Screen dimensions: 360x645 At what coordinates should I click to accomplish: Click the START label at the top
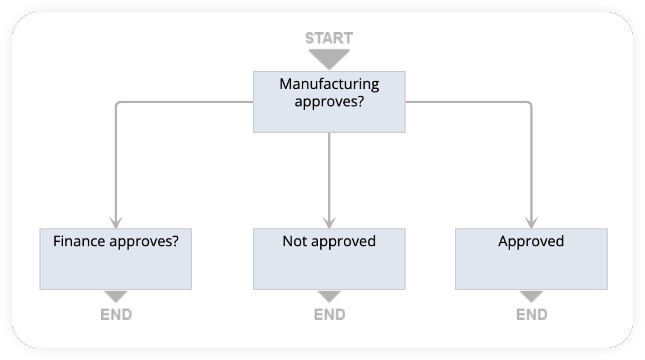pyautogui.click(x=329, y=38)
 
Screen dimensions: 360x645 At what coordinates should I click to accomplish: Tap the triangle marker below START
pyautogui.click(x=329, y=58)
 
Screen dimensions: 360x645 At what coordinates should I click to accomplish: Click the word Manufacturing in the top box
pyautogui.click(x=329, y=84)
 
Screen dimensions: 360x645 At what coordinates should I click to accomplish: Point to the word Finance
pyautogui.click(x=79, y=241)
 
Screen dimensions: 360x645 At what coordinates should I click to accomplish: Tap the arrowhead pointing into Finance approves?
pyautogui.click(x=116, y=223)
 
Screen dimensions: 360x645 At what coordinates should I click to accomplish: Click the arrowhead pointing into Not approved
pyautogui.click(x=329, y=223)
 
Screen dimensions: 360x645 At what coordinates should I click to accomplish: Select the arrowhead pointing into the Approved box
pyautogui.click(x=531, y=223)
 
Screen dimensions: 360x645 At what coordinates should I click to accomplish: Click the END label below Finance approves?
pyautogui.click(x=116, y=314)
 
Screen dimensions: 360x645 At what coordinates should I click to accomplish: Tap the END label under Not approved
pyautogui.click(x=329, y=314)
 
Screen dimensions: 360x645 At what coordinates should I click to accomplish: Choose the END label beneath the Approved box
pyautogui.click(x=531, y=314)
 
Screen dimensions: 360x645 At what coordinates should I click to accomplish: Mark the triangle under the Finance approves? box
pyautogui.click(x=116, y=296)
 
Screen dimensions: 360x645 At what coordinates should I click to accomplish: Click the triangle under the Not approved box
pyautogui.click(x=329, y=296)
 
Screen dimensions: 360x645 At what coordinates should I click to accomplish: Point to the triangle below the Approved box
pyautogui.click(x=531, y=296)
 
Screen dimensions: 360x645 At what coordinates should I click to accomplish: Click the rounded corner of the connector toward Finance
pyautogui.click(x=117, y=103)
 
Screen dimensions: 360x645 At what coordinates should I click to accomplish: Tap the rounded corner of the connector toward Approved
pyautogui.click(x=529, y=103)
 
